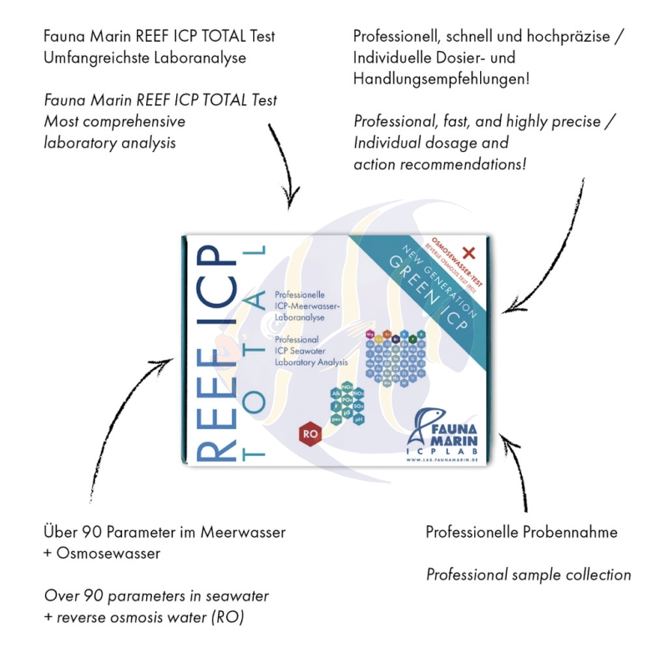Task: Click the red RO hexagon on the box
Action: point(311,434)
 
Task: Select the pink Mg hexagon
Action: point(370,334)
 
